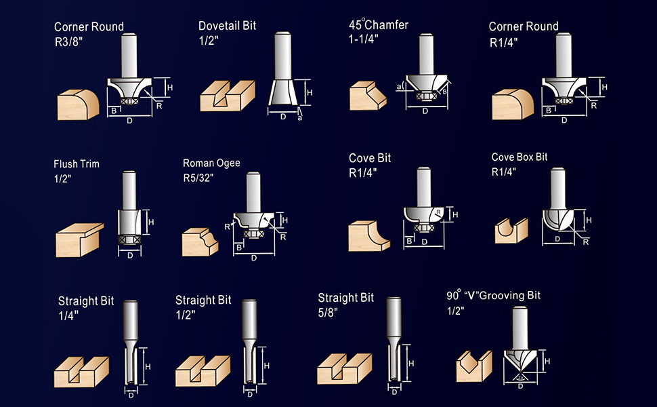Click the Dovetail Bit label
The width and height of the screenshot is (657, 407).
click(x=227, y=26)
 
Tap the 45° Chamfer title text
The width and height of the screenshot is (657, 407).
click(x=379, y=24)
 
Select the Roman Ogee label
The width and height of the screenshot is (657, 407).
click(x=211, y=163)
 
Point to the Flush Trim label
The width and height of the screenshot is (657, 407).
click(x=77, y=164)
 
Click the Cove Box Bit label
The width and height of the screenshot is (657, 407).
click(x=520, y=157)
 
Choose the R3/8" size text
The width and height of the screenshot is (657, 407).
click(x=69, y=42)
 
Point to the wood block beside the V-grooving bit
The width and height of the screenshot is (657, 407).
click(x=473, y=366)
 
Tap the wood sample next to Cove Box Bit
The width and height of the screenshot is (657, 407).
click(x=509, y=229)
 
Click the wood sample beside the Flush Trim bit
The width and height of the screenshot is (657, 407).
click(x=79, y=239)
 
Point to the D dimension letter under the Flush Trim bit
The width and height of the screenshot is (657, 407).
click(x=130, y=256)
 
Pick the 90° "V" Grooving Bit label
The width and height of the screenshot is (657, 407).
click(x=493, y=296)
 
